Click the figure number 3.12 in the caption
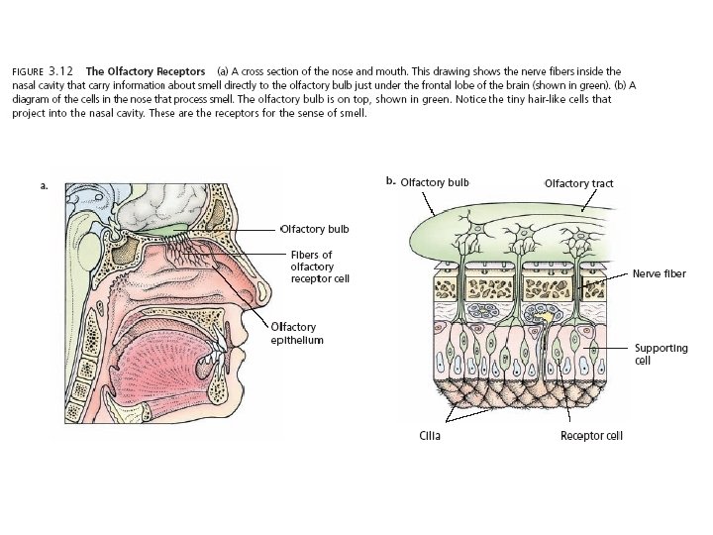[61, 71]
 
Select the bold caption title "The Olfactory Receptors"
[146, 71]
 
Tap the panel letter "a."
[44, 185]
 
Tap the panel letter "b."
[390, 181]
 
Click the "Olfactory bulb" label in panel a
[317, 229]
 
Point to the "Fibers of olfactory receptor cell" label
[320, 267]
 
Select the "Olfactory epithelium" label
[297, 333]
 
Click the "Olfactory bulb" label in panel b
[435, 182]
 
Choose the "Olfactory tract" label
[578, 183]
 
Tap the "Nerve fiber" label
[659, 273]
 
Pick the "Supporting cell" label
[661, 354]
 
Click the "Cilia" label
[428, 435]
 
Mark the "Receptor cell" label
[591, 435]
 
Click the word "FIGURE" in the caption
[26, 71]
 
